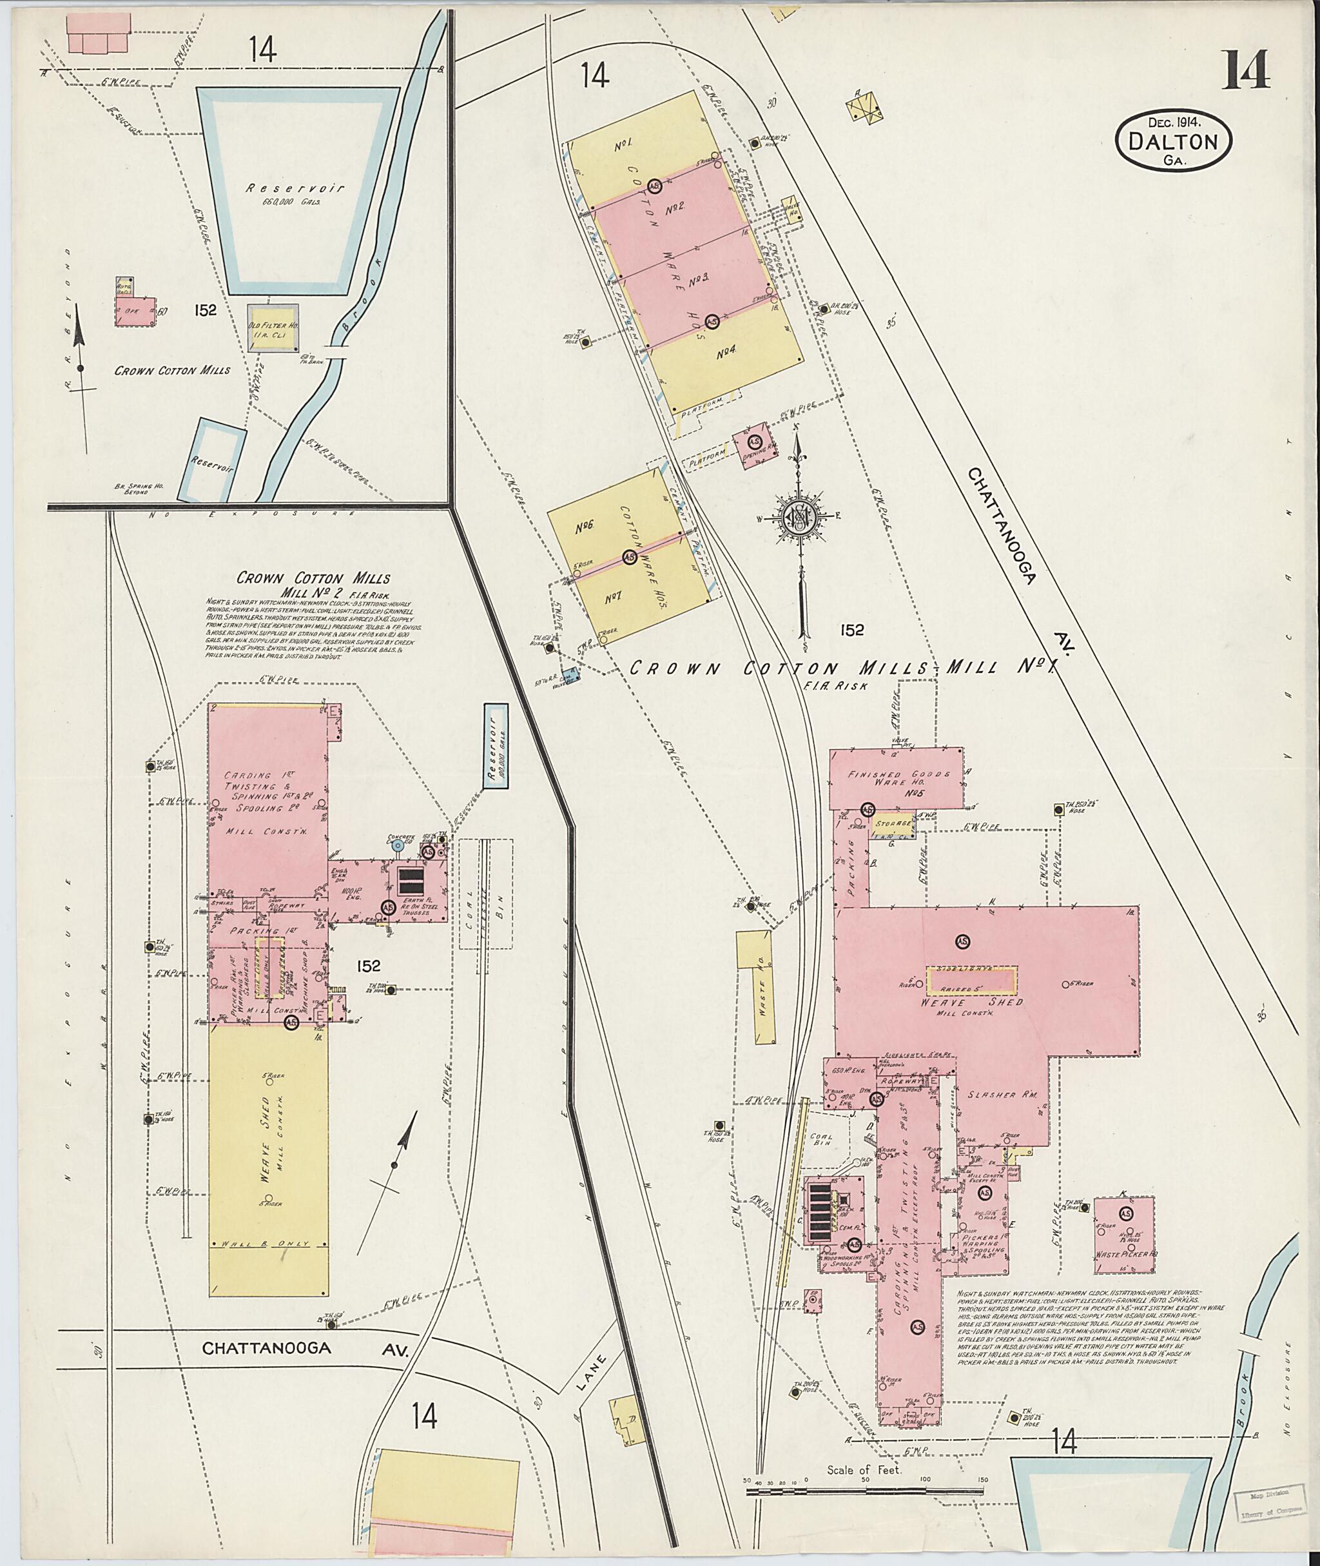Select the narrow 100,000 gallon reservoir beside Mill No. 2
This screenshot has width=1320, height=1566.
tap(494, 758)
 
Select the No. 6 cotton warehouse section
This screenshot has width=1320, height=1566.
tap(585, 527)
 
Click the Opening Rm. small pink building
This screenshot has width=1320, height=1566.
tap(754, 446)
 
